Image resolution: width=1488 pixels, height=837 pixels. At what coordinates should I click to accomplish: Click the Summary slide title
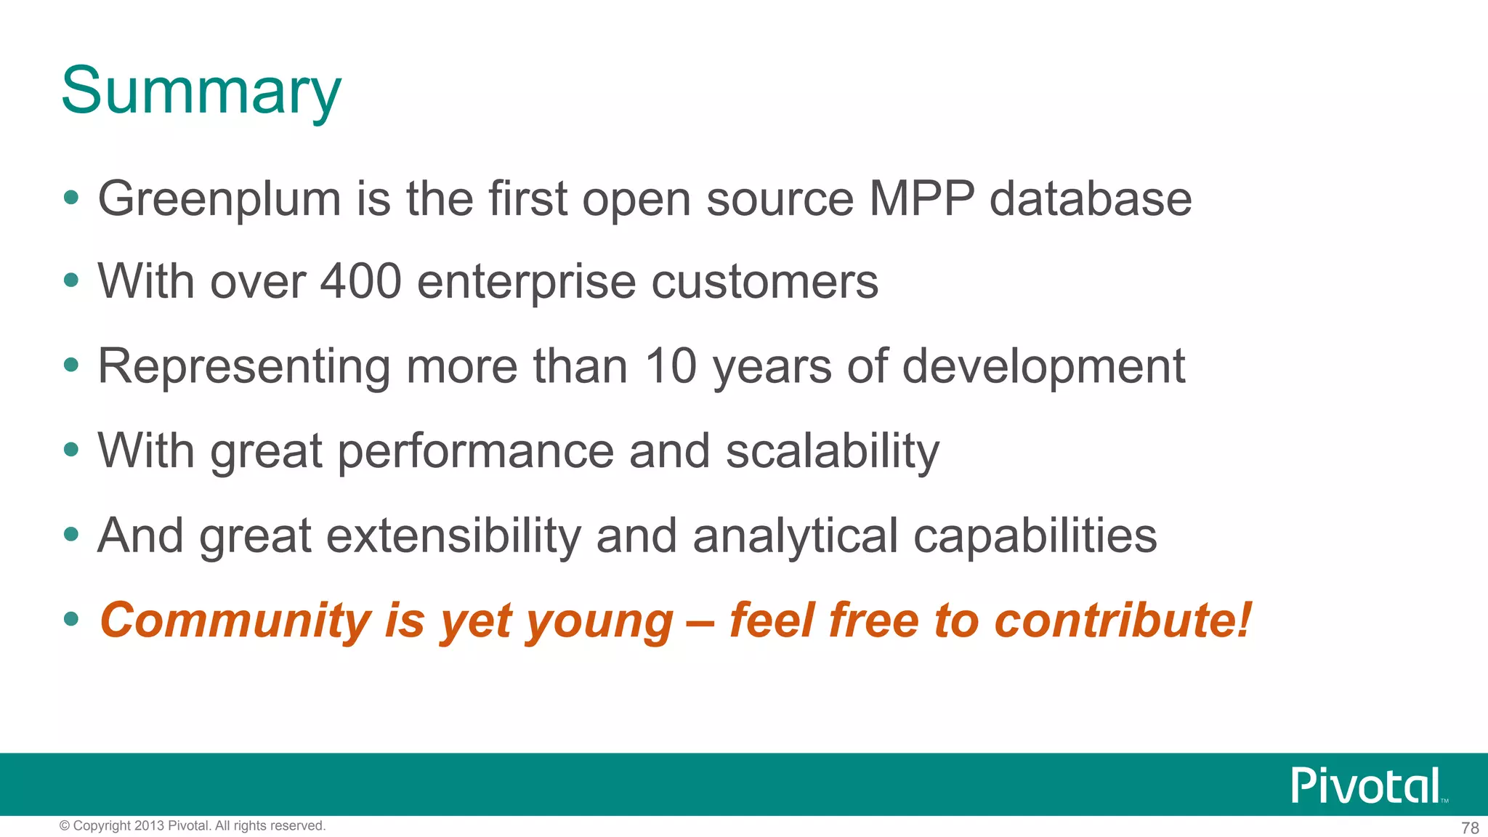pos(201,91)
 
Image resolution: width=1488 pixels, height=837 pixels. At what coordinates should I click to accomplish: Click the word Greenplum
pos(219,199)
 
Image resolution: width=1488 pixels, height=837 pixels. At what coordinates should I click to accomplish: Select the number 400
pos(361,281)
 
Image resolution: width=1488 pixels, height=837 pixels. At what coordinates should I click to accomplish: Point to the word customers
pos(764,281)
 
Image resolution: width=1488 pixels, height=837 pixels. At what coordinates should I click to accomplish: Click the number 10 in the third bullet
pos(671,365)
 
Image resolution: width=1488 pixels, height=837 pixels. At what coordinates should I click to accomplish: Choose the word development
pos(1043,367)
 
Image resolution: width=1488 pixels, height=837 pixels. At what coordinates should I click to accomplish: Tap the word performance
pos(476,451)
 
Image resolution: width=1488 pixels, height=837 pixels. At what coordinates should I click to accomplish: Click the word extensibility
pos(454,535)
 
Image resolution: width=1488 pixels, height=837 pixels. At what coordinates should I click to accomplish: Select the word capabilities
pos(1035,535)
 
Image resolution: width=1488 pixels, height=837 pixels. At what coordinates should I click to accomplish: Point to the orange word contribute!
pos(1123,620)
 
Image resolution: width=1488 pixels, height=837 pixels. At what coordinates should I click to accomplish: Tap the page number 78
pos(1469,828)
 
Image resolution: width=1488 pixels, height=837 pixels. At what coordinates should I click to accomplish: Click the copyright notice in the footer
pos(193,825)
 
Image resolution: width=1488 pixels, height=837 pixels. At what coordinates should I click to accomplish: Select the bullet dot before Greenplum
pos(71,198)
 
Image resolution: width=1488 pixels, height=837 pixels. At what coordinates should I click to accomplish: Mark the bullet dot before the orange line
pos(71,620)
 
